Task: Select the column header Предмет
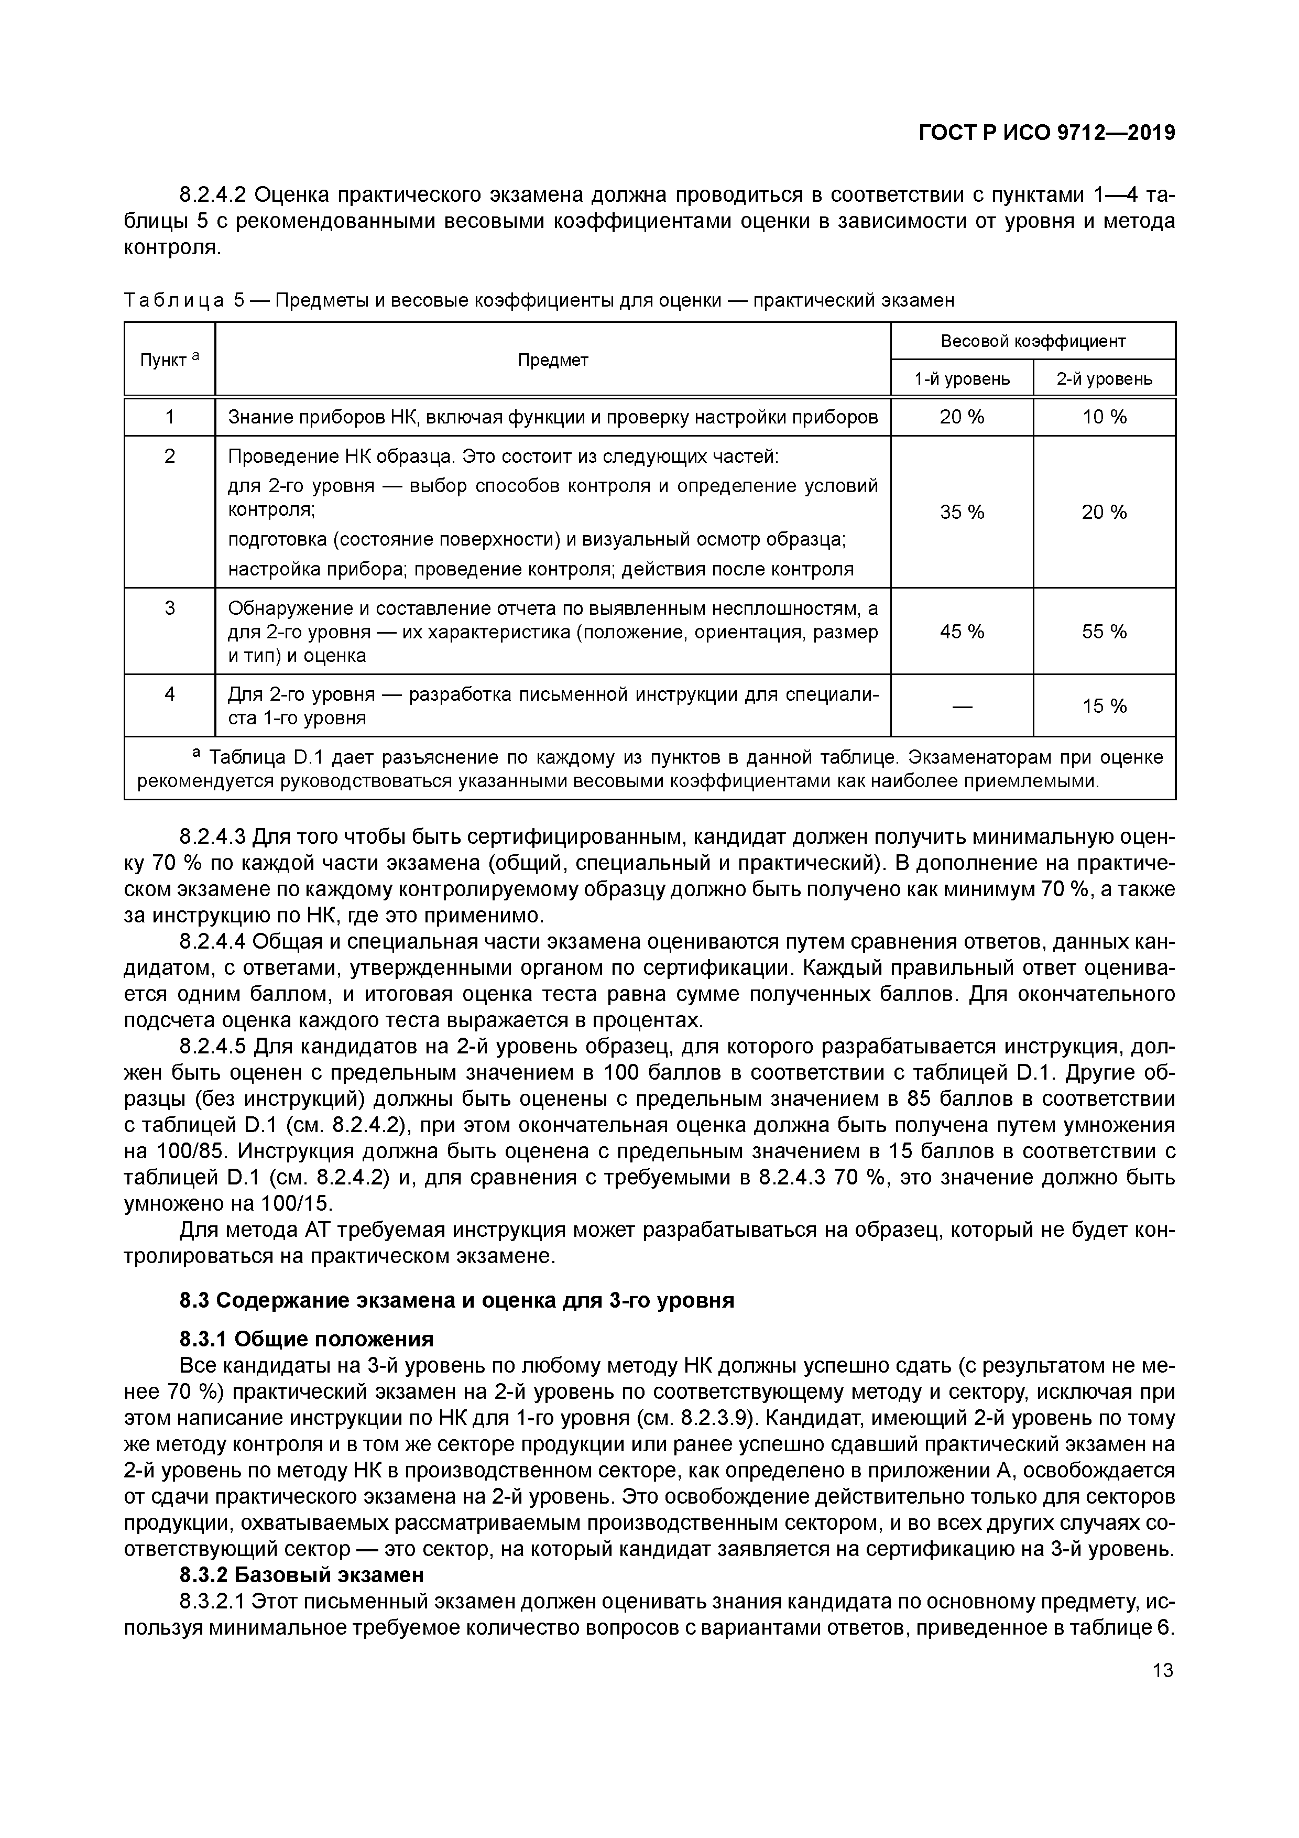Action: click(x=552, y=360)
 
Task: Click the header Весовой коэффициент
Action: click(x=1032, y=341)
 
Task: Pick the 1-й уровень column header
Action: click(x=962, y=378)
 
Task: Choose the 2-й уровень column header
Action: click(x=1105, y=378)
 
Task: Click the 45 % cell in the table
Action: click(x=962, y=632)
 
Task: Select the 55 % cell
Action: click(x=1105, y=632)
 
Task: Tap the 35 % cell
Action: click(x=962, y=513)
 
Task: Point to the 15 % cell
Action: click(x=1105, y=706)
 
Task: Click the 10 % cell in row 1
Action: click(x=1105, y=417)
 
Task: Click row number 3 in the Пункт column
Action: click(x=170, y=608)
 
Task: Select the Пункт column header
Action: click(x=165, y=360)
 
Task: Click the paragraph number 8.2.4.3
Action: click(x=213, y=838)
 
